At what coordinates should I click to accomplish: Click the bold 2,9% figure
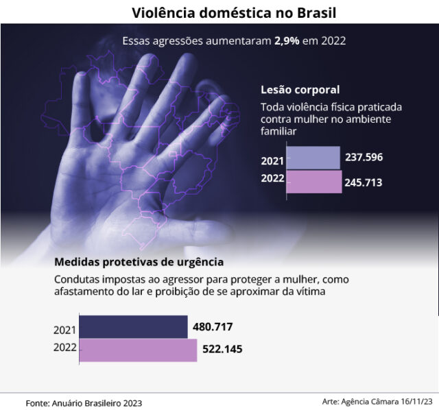pos(287,40)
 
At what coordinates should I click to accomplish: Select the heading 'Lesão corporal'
pos(300,90)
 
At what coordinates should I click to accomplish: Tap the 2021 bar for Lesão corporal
pos(313,158)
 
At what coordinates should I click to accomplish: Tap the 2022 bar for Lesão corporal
pos(313,182)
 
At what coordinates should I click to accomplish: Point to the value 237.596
pos(364,157)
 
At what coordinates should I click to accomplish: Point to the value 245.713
pos(364,183)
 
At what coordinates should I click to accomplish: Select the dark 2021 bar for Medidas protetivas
pos(133,327)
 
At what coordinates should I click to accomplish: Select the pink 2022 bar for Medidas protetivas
pos(138,350)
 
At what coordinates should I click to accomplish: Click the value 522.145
pos(222,350)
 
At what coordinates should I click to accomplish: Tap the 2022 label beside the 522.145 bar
pos(64,348)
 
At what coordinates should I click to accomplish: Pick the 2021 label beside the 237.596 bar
pos(272,162)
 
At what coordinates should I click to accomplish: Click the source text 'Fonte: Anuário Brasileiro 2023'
pos(84,402)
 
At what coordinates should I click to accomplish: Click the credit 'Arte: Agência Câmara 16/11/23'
pos(377,401)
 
